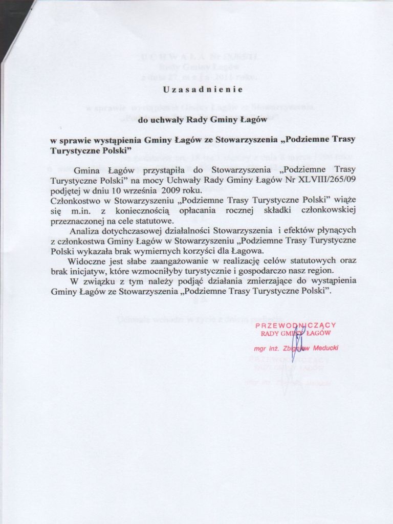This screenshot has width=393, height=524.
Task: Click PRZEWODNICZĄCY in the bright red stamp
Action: point(295,325)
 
